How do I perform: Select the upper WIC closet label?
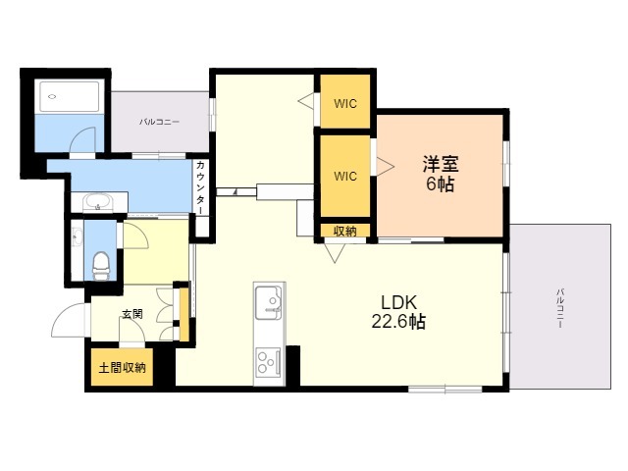pos(344,103)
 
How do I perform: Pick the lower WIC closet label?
pos(344,177)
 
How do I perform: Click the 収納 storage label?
pos(344,232)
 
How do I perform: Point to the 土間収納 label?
pos(122,368)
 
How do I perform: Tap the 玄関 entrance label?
pos(131,315)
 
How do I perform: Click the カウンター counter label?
pos(201,190)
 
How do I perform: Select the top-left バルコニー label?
pos(159,123)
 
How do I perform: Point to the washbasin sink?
pos(97,203)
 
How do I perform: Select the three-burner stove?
pos(268,362)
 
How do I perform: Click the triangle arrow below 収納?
pos(336,253)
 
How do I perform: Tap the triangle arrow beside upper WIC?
pos(306,100)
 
